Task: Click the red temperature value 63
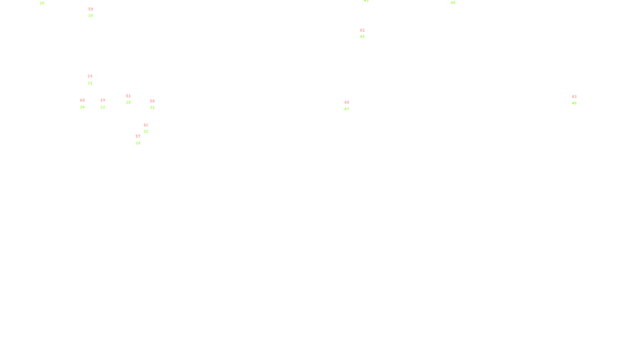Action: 574,97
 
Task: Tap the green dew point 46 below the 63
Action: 574,103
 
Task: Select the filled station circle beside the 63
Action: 578,100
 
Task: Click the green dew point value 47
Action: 347,109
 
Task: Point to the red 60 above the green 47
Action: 347,102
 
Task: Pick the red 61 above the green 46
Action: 362,30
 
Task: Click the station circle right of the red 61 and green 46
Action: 366,34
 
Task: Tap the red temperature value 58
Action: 152,101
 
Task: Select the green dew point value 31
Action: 152,108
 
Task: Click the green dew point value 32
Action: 146,132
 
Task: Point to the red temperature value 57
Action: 138,136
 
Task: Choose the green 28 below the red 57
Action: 138,143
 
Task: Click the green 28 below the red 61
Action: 128,102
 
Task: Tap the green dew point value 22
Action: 103,107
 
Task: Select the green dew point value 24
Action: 82,107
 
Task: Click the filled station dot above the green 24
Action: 86,104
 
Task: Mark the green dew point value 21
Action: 90,83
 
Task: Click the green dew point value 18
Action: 91,16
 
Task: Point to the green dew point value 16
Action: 42,3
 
